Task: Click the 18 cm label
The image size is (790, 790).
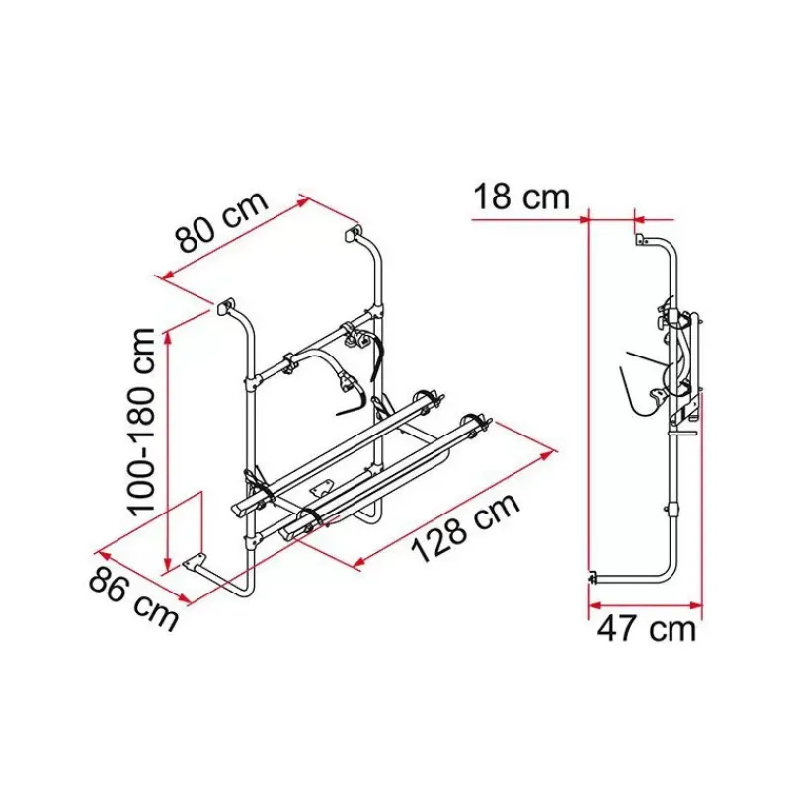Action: (x=521, y=197)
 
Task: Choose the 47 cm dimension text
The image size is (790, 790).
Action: (x=647, y=629)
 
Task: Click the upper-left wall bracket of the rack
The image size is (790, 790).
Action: (x=226, y=306)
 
